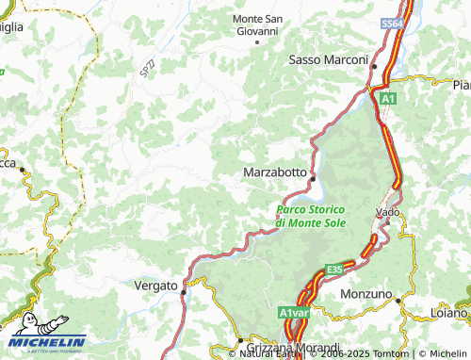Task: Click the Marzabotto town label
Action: [274, 173]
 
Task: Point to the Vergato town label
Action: [155, 286]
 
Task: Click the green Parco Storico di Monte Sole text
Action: [311, 215]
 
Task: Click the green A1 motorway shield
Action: [388, 96]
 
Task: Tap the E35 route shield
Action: [334, 270]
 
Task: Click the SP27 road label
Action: [146, 69]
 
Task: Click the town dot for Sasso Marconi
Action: [374, 67]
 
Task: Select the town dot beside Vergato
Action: [183, 292]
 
